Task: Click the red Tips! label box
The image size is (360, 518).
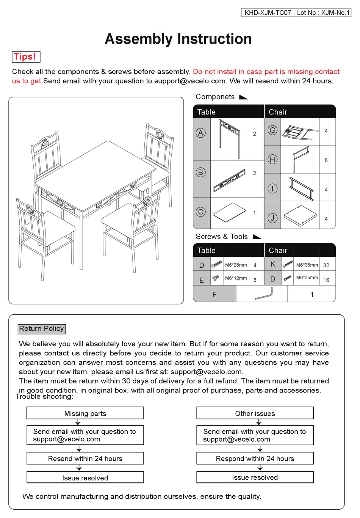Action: pyautogui.click(x=26, y=57)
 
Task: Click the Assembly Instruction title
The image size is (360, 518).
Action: pyautogui.click(x=178, y=39)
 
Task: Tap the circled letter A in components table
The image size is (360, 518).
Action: pyautogui.click(x=201, y=133)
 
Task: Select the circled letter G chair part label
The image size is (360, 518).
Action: pyautogui.click(x=272, y=130)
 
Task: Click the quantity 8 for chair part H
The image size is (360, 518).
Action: pyautogui.click(x=326, y=160)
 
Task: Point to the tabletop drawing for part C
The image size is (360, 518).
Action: pyautogui.click(x=230, y=212)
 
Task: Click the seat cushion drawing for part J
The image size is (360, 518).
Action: pyautogui.click(x=300, y=215)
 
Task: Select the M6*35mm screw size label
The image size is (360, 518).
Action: pyautogui.click(x=307, y=265)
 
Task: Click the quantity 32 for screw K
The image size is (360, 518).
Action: pyautogui.click(x=326, y=265)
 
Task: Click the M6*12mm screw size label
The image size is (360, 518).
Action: pyautogui.click(x=236, y=278)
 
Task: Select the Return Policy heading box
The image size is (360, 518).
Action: pyautogui.click(x=42, y=329)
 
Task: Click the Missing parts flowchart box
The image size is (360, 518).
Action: pyautogui.click(x=85, y=413)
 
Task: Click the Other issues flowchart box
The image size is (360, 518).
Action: pyautogui.click(x=255, y=413)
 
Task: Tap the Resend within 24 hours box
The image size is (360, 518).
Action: pyautogui.click(x=85, y=458)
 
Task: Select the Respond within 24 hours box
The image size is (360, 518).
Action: pyautogui.click(x=255, y=458)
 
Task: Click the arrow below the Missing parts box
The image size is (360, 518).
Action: pyautogui.click(x=78, y=422)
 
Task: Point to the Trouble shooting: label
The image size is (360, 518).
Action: pyautogui.click(x=44, y=397)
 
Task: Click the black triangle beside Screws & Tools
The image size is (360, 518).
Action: pyautogui.click(x=257, y=237)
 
